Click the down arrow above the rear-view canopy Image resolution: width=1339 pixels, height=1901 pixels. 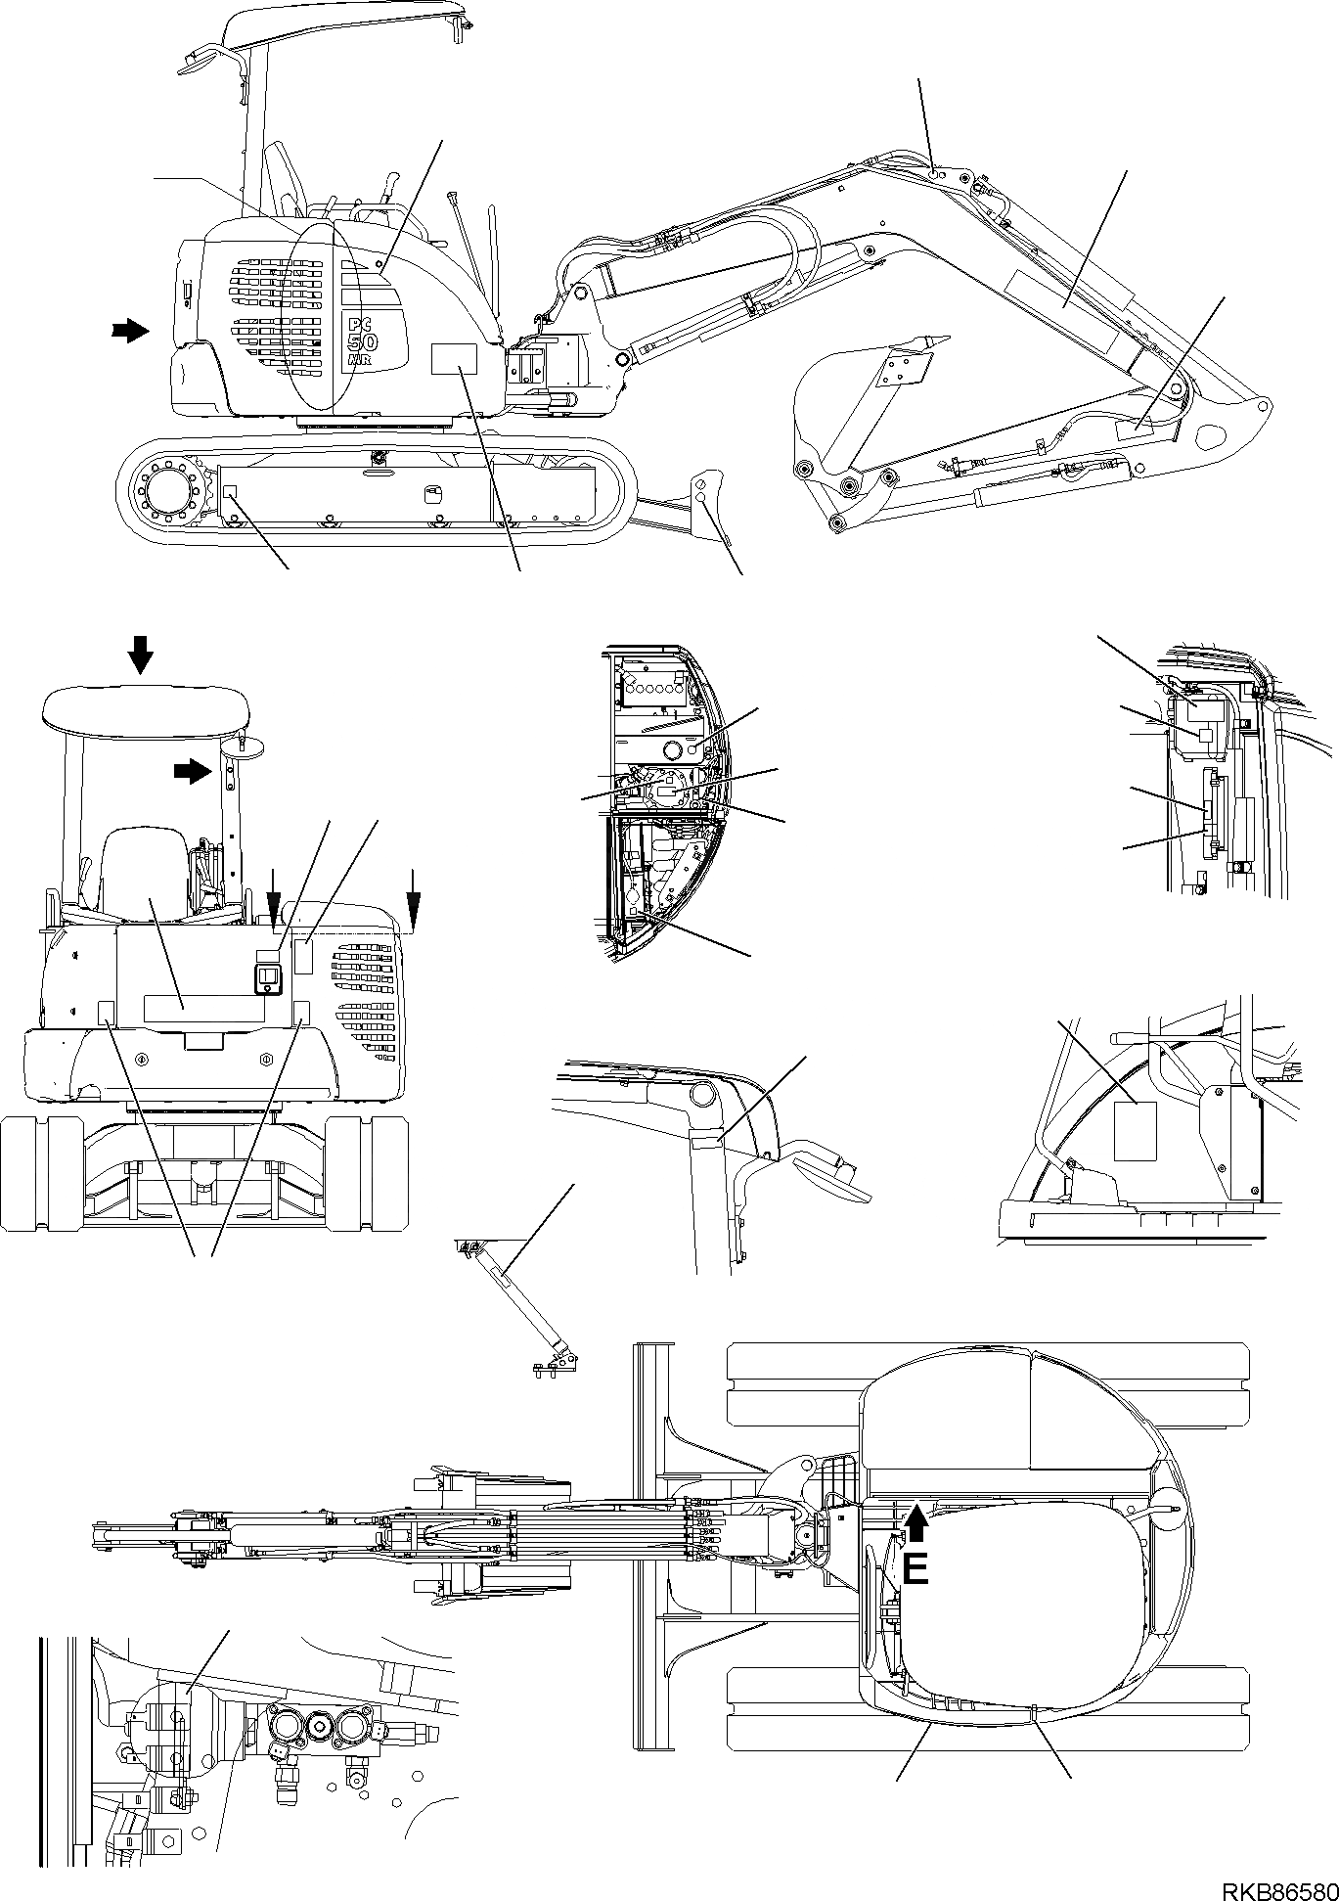(x=141, y=654)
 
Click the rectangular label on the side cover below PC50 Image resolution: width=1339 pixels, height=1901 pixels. (x=453, y=359)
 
